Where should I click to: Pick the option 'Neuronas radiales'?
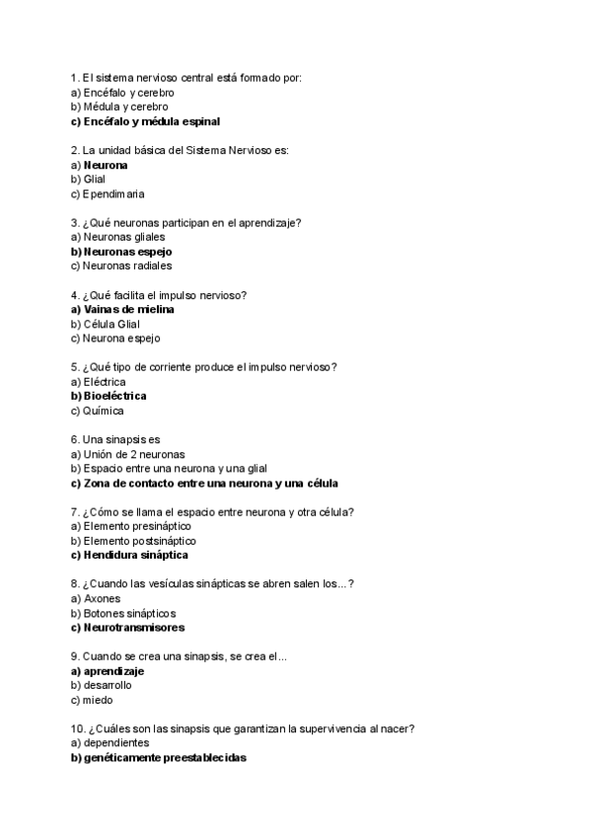point(121,266)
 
